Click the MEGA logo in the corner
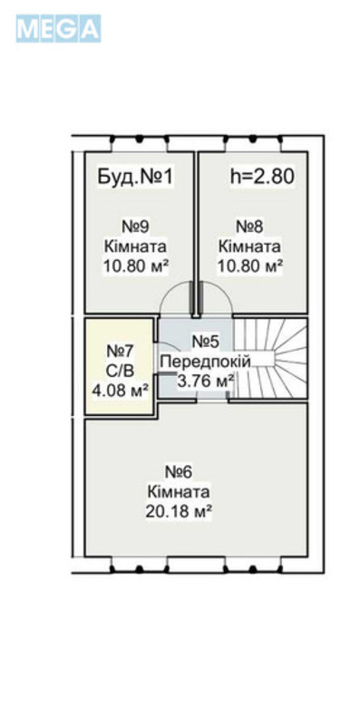[57, 29]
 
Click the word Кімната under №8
[249, 246]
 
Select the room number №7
[121, 351]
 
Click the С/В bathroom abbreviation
[121, 370]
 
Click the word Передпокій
[204, 361]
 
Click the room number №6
[179, 472]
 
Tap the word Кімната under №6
[179, 491]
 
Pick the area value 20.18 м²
[179, 511]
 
